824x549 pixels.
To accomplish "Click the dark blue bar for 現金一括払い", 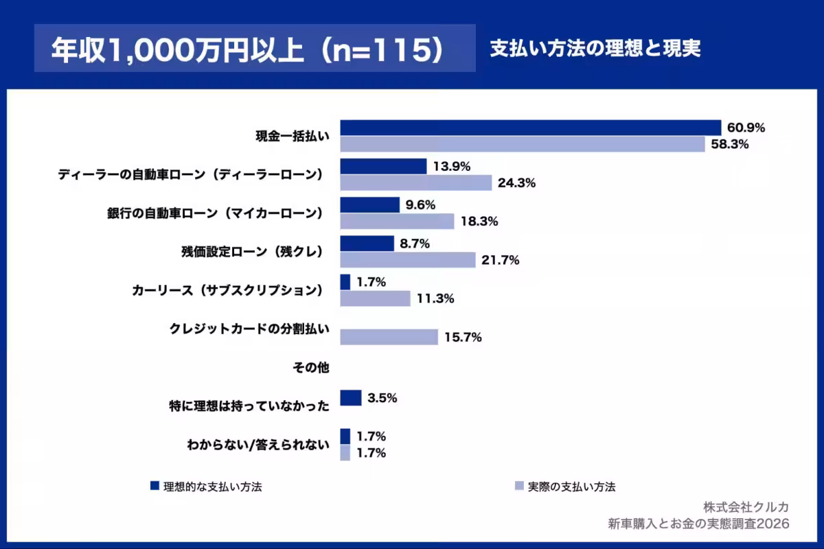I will tap(531, 128).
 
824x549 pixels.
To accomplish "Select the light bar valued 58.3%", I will tap(523, 144).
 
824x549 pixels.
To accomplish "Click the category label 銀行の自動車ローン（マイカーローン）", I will tap(210, 213).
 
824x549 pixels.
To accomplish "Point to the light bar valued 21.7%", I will tap(408, 260).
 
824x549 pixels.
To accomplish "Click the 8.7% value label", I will tap(415, 244).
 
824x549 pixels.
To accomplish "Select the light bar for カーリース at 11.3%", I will tap(376, 299).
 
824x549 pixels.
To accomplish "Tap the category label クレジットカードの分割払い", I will tap(249, 329).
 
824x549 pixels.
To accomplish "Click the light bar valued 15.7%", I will tap(389, 337).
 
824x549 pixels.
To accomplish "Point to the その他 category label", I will tap(311, 368).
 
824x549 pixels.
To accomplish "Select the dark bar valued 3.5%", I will tap(351, 398).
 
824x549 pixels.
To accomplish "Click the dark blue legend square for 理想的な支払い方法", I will tap(154, 487).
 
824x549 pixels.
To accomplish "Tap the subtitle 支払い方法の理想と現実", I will tap(595, 49).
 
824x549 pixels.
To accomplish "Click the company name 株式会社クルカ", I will tap(745, 507).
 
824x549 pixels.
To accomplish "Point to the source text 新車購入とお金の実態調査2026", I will tap(698, 524).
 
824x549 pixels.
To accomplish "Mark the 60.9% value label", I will tap(746, 128).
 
